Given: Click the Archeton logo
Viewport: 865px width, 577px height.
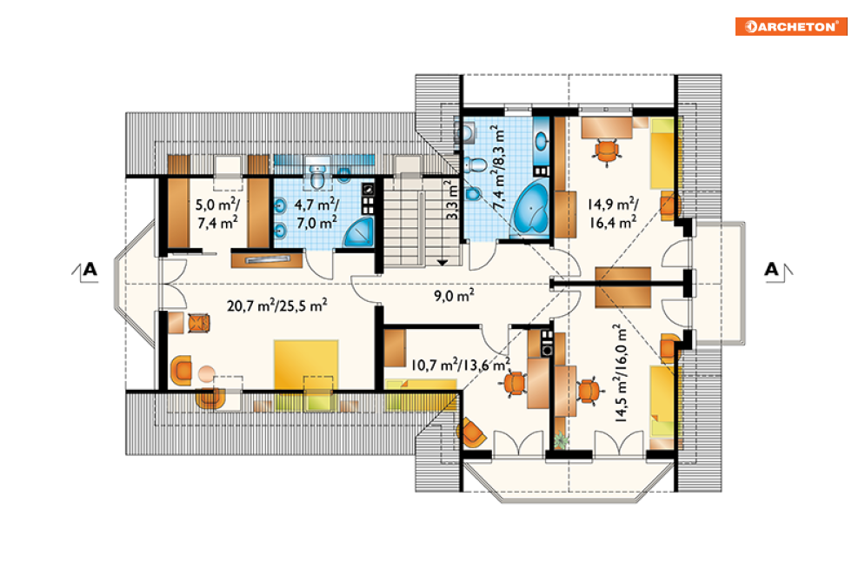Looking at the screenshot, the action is pyautogui.click(x=790, y=26).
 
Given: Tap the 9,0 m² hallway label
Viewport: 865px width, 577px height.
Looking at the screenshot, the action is pyautogui.click(x=454, y=295).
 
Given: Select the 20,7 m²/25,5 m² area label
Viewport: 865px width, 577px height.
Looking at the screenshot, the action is pyautogui.click(x=277, y=305).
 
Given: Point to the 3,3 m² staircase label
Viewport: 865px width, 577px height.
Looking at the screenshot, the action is pyautogui.click(x=451, y=199).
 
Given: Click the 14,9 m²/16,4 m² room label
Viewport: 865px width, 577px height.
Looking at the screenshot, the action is pyautogui.click(x=612, y=213).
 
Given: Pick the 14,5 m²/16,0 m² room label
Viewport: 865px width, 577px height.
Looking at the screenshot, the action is pyautogui.click(x=620, y=374).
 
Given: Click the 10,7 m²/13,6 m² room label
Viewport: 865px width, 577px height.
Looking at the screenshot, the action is pyautogui.click(x=461, y=365).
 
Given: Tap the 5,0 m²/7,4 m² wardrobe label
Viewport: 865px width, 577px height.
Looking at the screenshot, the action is pyautogui.click(x=217, y=213).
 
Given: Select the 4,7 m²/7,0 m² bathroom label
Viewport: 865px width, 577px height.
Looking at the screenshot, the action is pyautogui.click(x=316, y=213).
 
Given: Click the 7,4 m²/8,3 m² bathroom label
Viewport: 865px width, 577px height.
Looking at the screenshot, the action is pyautogui.click(x=497, y=167).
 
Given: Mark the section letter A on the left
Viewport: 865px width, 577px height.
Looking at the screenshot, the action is pyautogui.click(x=90, y=270).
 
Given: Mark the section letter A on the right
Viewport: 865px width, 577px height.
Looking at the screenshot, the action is pyautogui.click(x=771, y=270).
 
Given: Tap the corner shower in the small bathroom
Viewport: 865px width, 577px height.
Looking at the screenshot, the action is pyautogui.click(x=359, y=231).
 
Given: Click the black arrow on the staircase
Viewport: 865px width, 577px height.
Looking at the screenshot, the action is pyautogui.click(x=442, y=262).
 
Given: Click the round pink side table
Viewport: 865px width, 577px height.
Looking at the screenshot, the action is pyautogui.click(x=206, y=374).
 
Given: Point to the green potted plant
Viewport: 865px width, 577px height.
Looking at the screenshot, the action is pyautogui.click(x=561, y=439).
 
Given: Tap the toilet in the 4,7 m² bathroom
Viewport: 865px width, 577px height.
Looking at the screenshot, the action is pyautogui.click(x=317, y=176).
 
